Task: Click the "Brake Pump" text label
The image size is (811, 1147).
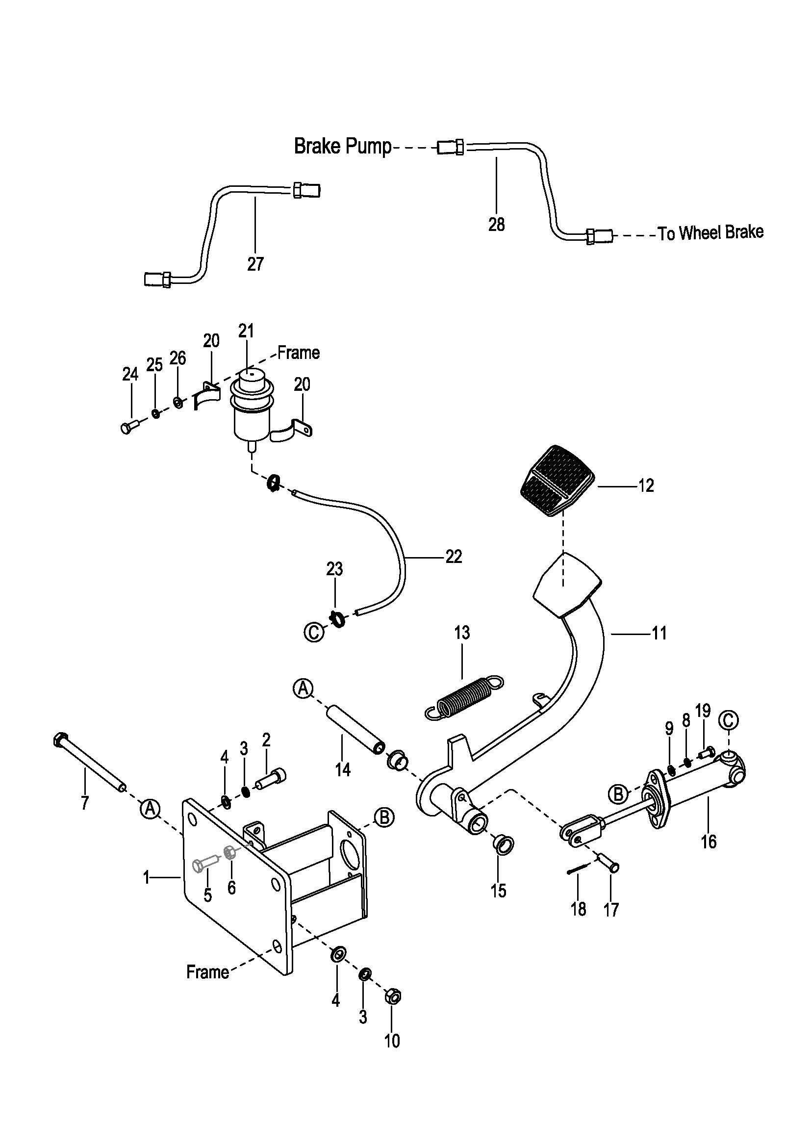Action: [343, 147]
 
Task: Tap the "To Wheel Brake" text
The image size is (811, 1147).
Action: [710, 233]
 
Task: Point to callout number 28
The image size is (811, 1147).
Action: [496, 224]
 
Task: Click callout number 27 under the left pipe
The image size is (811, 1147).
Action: [255, 264]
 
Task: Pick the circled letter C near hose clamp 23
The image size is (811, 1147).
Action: [313, 633]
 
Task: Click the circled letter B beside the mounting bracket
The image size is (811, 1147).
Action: [384, 817]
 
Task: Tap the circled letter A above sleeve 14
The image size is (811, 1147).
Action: [303, 688]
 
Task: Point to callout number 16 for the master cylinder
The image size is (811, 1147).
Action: [708, 842]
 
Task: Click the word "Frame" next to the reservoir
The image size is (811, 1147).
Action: [298, 353]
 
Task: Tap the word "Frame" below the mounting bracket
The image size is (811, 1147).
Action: [207, 971]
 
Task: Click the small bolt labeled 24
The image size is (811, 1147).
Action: [128, 428]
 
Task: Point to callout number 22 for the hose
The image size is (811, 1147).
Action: [454, 557]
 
